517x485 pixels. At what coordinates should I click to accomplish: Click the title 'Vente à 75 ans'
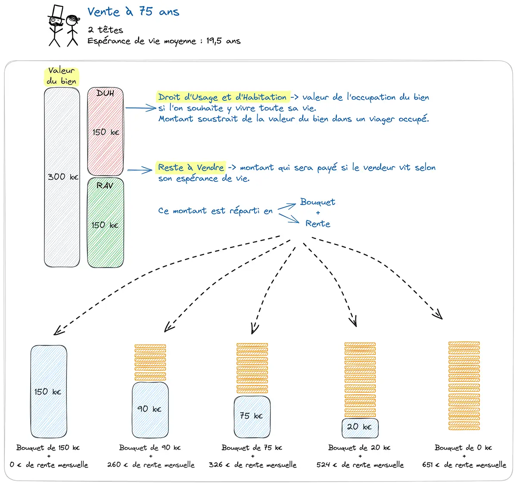coord(133,12)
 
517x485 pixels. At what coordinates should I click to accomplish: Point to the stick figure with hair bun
coord(72,30)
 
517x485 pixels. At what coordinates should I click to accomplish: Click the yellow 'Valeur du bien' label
coord(62,76)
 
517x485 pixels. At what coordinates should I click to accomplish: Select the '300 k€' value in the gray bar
coord(63,177)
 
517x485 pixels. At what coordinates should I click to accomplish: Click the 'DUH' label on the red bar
coord(105,93)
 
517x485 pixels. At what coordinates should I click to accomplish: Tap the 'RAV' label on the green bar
coord(105,186)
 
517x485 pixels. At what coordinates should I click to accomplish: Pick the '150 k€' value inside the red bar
coord(106,132)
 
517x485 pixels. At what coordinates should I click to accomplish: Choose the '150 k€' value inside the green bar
coord(105,225)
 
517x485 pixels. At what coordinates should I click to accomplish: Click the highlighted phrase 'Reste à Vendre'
coord(191,168)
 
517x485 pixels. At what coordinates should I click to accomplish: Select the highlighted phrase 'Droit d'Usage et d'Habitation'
coord(222,97)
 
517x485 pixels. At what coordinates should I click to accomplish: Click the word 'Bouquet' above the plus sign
coord(318,202)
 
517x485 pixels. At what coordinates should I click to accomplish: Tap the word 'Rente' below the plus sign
coord(318,224)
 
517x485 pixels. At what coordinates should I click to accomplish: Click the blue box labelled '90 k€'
coord(150,409)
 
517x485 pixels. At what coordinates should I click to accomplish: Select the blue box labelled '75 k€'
coord(252,416)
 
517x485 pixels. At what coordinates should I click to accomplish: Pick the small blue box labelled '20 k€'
coord(360,427)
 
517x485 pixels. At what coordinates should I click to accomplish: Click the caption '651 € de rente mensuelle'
coord(464,465)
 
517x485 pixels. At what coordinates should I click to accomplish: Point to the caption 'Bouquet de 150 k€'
coord(48,448)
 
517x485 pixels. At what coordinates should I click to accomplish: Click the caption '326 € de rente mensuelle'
coord(252,465)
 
